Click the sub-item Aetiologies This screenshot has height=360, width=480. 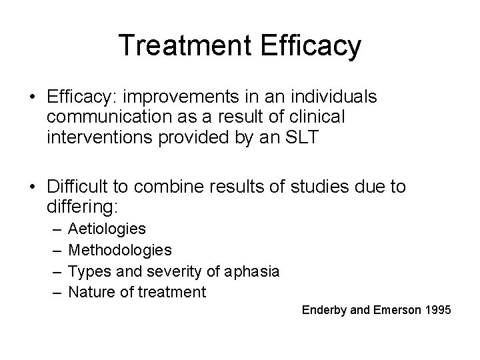pos(107,229)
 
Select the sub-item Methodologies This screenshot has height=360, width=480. pos(120,250)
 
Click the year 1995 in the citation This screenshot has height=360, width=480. pos(439,310)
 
